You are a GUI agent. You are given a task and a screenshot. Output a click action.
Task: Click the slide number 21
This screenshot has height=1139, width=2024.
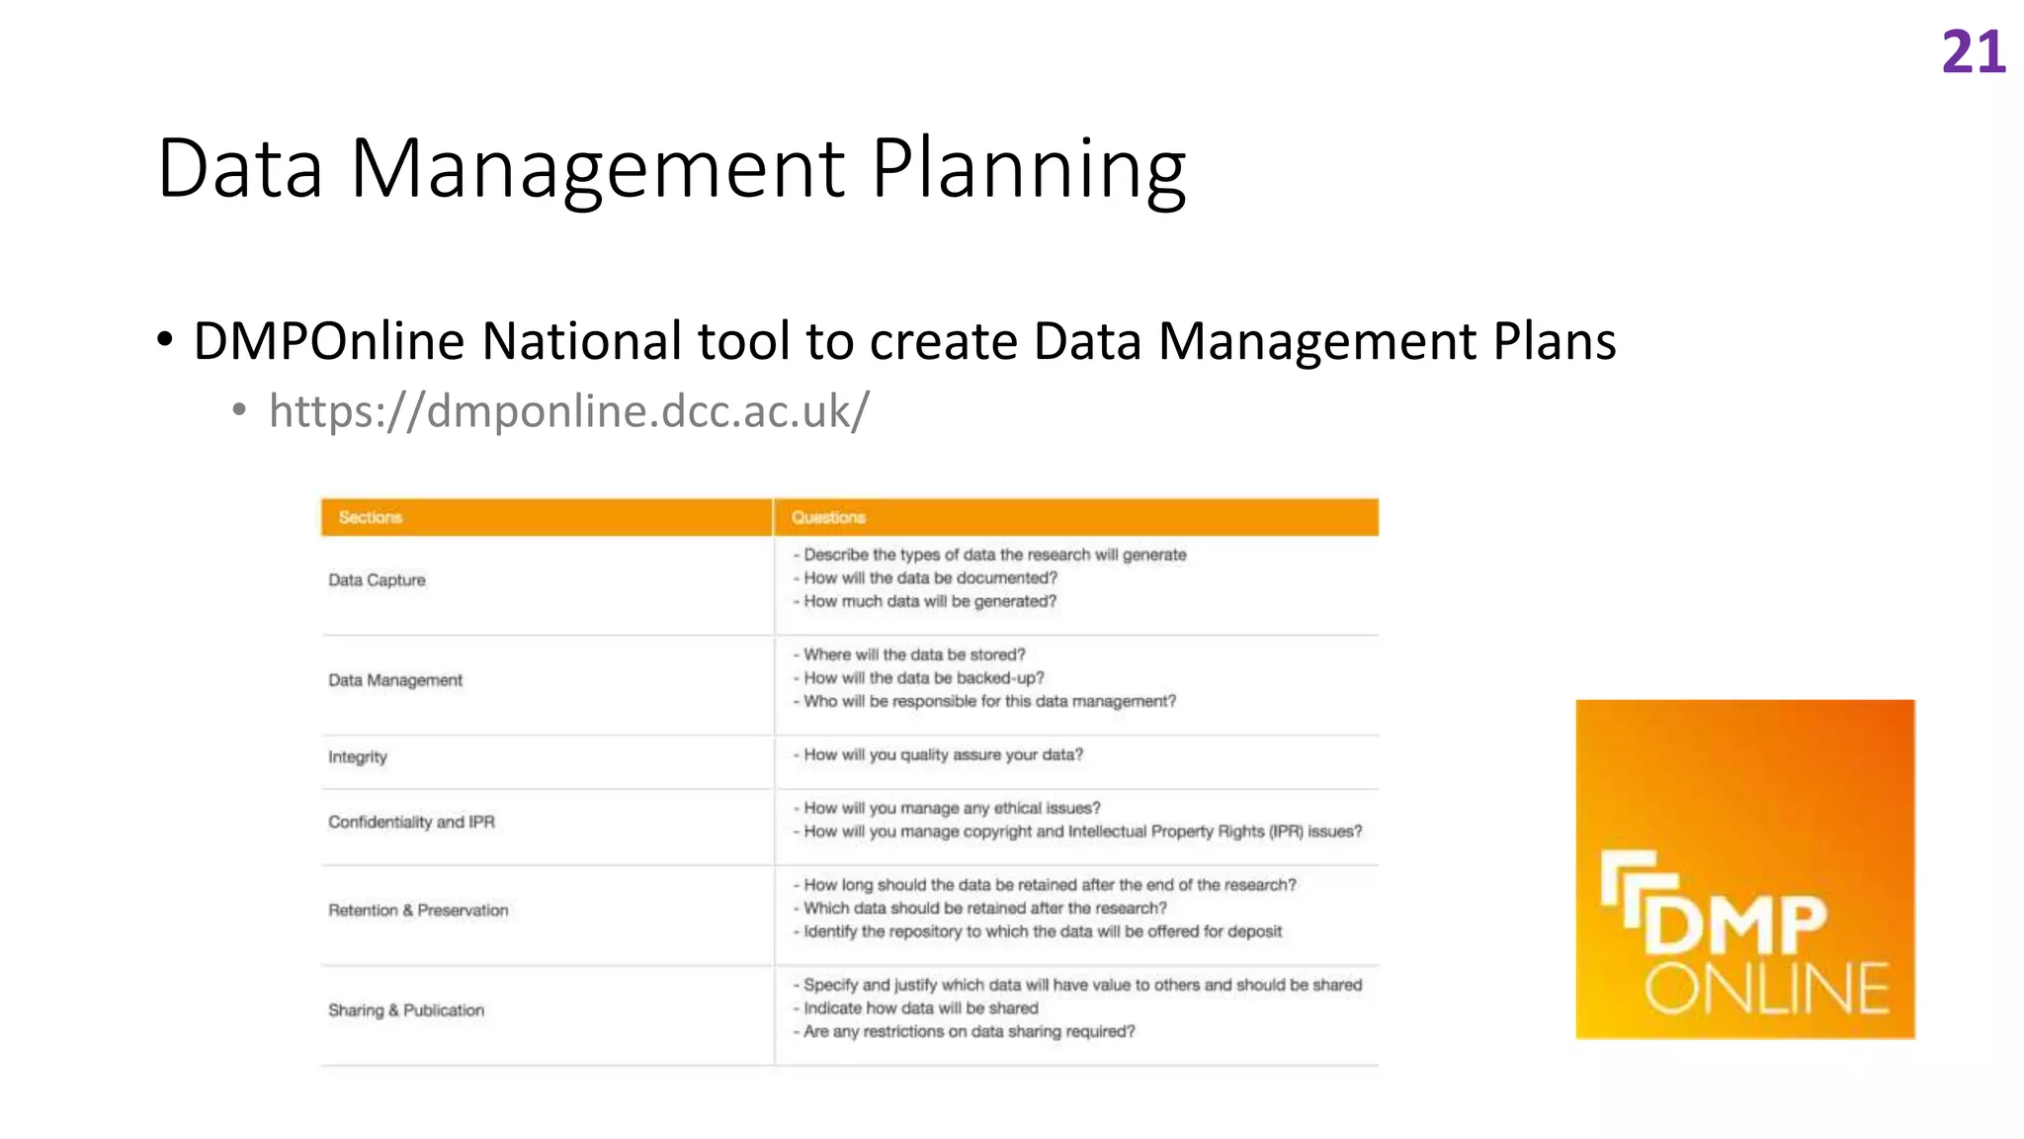pos(1973,52)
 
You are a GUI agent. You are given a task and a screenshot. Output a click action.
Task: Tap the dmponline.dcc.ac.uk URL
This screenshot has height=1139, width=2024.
pos(568,410)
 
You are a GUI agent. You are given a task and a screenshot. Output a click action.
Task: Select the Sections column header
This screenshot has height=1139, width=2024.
pos(371,517)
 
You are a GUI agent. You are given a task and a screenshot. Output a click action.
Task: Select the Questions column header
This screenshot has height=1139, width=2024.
pos(828,517)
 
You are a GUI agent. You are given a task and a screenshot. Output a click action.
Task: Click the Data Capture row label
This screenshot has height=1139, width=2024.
pos(377,579)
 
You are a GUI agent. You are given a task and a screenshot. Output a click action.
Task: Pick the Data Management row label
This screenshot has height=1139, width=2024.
pos(395,680)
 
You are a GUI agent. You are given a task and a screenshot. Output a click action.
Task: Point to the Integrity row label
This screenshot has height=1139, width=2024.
pos(358,757)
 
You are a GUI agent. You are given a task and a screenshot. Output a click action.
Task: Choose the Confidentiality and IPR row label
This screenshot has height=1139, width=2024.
pos(411,822)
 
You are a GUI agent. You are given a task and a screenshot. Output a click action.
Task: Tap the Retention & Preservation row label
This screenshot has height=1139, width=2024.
pos(418,910)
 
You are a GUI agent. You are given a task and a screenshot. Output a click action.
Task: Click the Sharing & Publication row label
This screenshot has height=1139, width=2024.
pos(406,1009)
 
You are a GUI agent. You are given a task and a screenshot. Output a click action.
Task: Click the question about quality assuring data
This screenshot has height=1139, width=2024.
pos(943,755)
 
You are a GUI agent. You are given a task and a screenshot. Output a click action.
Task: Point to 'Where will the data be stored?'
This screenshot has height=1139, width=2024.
pos(914,655)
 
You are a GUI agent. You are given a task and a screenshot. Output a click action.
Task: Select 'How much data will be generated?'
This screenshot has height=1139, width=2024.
pos(929,601)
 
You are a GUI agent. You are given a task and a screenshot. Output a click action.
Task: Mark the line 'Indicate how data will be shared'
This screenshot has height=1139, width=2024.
pos(920,1008)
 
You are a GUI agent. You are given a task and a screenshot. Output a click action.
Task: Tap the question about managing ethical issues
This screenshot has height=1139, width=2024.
pos(951,808)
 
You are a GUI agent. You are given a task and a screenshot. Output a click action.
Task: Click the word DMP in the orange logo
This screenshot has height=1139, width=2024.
pos(1734,924)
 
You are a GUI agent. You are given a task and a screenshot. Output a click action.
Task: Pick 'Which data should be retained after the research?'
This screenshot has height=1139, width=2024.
pos(984,908)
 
